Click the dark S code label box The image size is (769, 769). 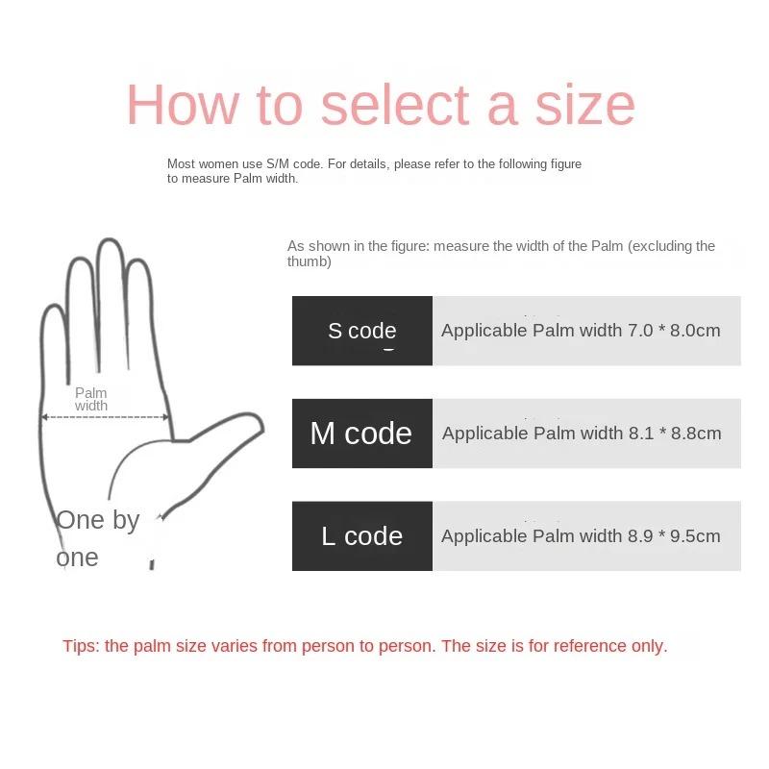coord(361,331)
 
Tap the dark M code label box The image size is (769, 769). coord(361,434)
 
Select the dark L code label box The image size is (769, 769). coord(361,536)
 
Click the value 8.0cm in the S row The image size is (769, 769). coord(696,331)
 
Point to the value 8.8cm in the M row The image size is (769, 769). coord(697,434)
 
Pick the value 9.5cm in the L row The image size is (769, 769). coord(696,536)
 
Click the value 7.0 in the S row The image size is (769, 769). coord(640,331)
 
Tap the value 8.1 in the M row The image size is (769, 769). coord(641,434)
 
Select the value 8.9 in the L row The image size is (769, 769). coord(640,536)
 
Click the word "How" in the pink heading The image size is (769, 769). coord(182,105)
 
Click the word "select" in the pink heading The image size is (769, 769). coord(397,105)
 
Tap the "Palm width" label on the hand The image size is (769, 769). coord(91,399)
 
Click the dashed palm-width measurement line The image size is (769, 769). coord(106,417)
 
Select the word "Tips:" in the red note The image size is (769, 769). coord(81,646)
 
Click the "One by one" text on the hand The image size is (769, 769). coord(97,538)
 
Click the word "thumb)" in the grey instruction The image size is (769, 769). coord(310,261)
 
